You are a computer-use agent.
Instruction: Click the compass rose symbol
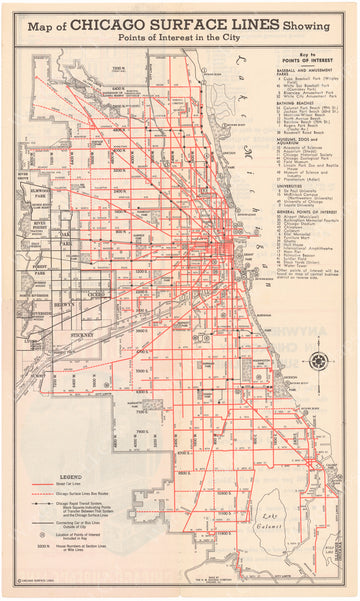pyautogui.click(x=319, y=361)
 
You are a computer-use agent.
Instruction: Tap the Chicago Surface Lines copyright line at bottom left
pyautogui.click(x=35, y=589)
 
